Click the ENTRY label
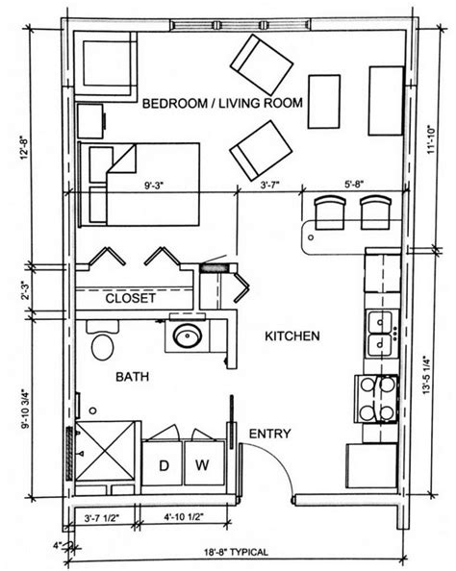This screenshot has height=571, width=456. [x=268, y=434]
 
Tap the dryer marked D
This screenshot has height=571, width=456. [x=163, y=466]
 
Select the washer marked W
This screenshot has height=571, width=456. [x=202, y=466]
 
